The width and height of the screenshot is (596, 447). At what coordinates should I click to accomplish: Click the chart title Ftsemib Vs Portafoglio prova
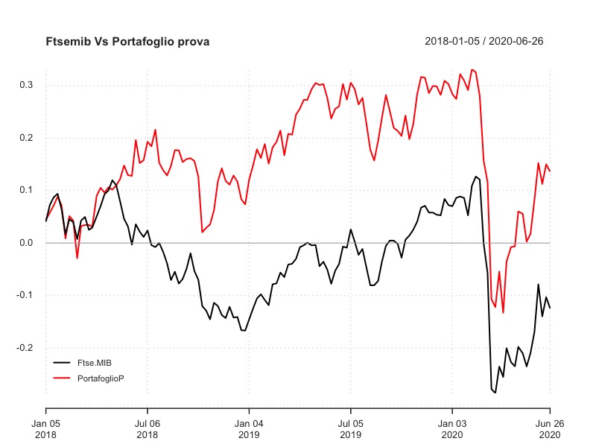coord(127,42)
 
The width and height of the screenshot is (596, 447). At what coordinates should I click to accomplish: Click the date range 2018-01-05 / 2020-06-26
coord(484,42)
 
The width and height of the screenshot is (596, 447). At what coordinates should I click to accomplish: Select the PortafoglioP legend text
coord(101,378)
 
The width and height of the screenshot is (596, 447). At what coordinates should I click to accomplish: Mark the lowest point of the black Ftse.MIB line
coord(495,392)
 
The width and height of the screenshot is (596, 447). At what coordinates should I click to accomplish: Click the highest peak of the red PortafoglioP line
coord(472,69)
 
